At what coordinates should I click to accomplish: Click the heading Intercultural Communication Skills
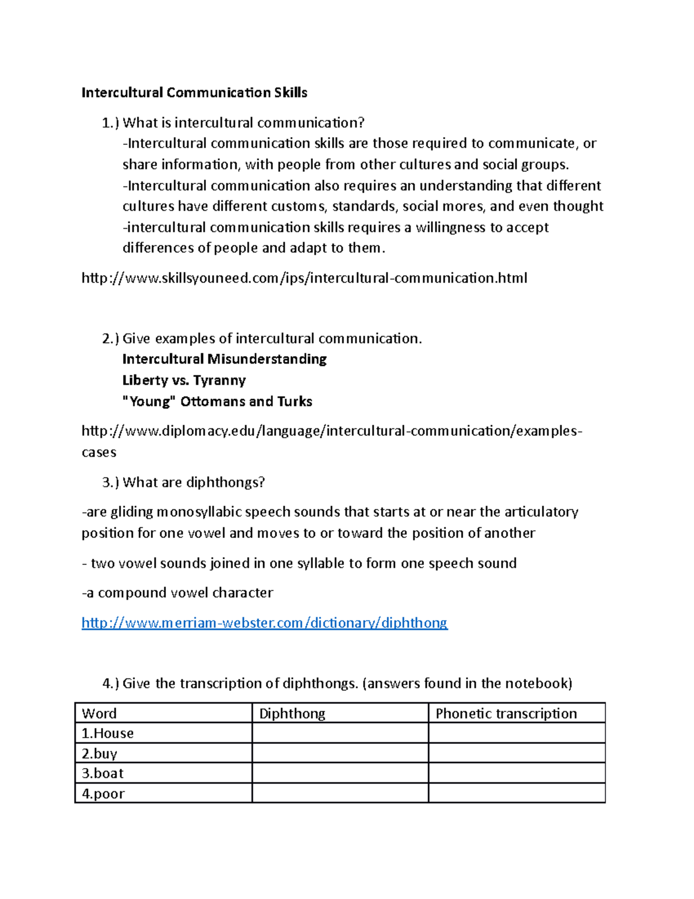(194, 93)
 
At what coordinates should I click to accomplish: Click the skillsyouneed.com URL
(304, 278)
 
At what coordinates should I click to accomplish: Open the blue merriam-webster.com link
(264, 623)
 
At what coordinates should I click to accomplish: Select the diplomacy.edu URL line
(331, 431)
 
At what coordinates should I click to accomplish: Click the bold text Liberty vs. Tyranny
(184, 380)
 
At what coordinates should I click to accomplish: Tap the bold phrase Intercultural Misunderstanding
(224, 359)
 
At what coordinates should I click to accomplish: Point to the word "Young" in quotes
(149, 402)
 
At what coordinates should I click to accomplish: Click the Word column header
(99, 713)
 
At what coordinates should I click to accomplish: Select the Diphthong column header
(292, 713)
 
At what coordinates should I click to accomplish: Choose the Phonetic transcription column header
(506, 713)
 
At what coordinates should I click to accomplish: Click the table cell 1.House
(108, 733)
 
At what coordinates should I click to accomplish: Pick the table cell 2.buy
(99, 754)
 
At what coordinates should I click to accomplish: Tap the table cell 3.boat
(102, 773)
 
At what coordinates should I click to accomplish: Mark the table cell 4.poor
(103, 794)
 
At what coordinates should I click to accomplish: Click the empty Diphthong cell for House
(340, 733)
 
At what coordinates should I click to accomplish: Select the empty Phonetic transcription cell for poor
(516, 794)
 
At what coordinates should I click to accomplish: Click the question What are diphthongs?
(194, 482)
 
